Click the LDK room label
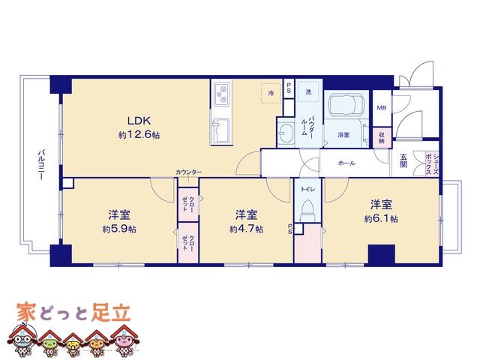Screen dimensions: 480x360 point(139,121)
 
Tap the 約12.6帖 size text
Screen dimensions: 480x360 point(139,135)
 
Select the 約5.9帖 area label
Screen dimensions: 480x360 point(119,229)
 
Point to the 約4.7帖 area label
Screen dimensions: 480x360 point(246,229)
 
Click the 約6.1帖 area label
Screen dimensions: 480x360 point(381,218)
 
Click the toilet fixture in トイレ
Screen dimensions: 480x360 point(307,210)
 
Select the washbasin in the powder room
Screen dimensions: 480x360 point(286,133)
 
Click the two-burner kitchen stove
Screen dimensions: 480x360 point(220,94)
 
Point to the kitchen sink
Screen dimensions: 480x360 point(220,130)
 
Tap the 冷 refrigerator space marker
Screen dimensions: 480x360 point(271,93)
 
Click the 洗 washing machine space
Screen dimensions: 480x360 point(308,91)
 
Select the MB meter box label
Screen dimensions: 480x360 point(382,107)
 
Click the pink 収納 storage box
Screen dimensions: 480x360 point(382,137)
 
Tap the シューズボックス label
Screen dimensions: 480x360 point(432,163)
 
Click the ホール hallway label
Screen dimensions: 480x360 point(346,163)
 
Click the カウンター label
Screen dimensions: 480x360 point(188,172)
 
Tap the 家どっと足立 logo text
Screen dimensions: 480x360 point(73,312)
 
